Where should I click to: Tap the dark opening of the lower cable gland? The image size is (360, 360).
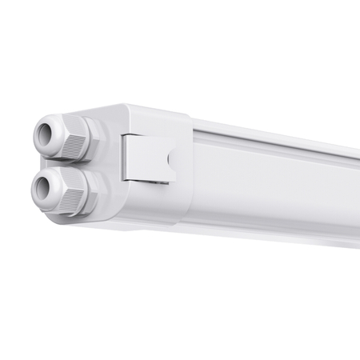click(42, 187)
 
